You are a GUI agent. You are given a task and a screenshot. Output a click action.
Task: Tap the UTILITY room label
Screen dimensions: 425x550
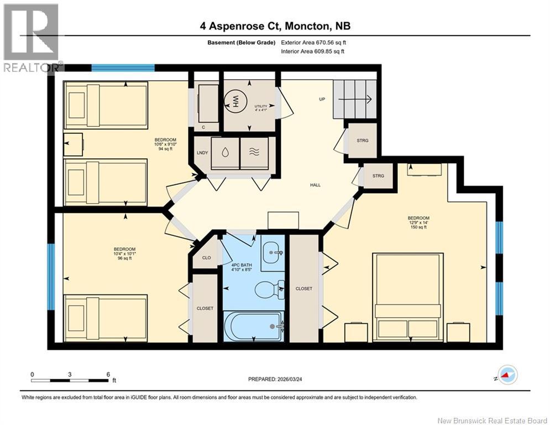pos(260,107)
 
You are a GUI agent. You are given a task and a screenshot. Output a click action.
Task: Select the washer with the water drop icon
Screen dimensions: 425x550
pos(225,153)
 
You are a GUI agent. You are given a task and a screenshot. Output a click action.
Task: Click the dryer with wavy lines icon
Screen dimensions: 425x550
pos(254,153)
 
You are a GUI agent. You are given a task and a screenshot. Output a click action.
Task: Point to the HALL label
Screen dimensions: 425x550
pos(315,186)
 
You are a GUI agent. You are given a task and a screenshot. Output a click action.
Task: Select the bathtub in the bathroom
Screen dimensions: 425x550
pos(254,326)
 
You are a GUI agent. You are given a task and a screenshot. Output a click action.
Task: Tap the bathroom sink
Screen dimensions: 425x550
pos(272,253)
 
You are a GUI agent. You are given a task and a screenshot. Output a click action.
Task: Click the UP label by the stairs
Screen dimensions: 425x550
pos(321,100)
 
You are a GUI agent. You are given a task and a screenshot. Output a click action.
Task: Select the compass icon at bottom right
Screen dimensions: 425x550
pos(507,375)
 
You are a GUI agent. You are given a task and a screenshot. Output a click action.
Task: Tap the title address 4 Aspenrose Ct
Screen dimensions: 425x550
pos(275,26)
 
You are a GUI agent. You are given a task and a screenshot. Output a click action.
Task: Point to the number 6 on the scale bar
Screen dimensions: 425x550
pos(107,374)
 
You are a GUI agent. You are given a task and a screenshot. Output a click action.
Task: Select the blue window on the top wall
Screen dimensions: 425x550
pos(123,68)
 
